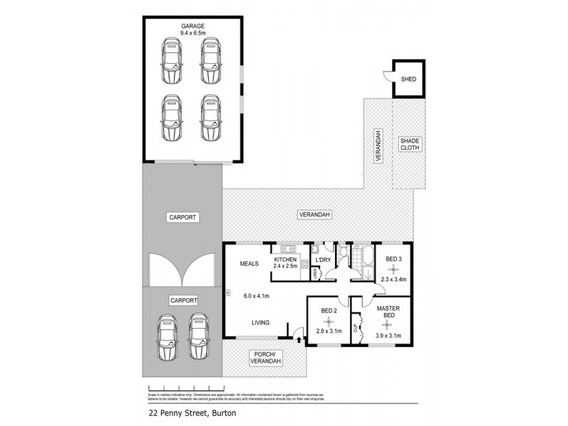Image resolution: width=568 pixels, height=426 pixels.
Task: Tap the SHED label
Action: (409, 79)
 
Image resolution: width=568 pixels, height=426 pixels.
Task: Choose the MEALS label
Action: (248, 263)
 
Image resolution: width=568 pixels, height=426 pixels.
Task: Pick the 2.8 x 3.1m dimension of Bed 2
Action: (328, 331)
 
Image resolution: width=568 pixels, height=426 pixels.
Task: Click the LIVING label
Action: (260, 322)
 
